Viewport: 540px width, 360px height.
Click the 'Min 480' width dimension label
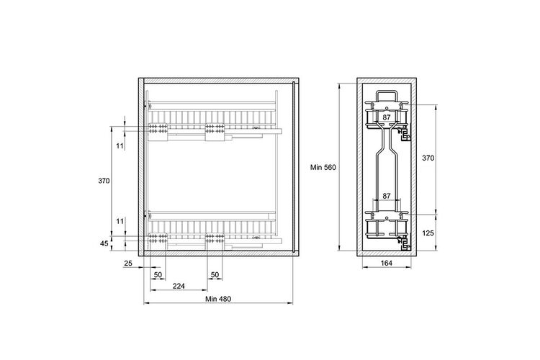pos(218,299)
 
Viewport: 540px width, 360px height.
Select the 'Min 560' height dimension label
pos(323,168)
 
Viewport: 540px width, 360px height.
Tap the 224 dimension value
pos(179,286)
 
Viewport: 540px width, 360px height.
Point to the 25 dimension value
pos(128,264)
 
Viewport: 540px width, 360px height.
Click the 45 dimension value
pos(104,243)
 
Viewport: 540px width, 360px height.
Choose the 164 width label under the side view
pos(387,264)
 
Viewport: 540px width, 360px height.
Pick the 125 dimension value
pos(428,233)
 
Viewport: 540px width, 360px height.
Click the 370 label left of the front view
pos(104,180)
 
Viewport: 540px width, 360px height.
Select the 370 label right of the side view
pos(428,158)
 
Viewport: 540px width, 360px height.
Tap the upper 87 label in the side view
pos(387,117)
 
